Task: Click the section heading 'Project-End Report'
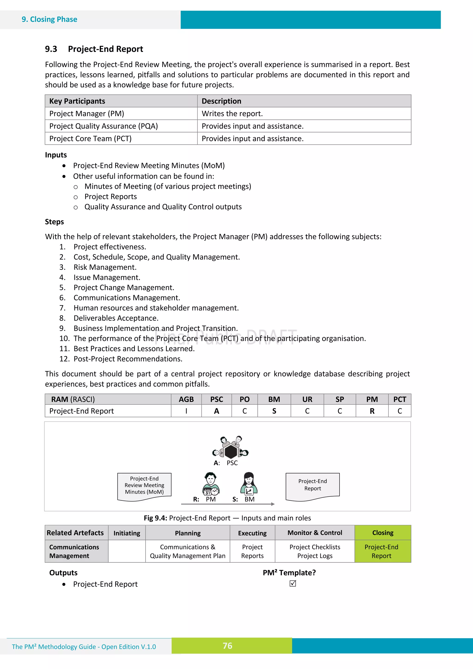[105, 49]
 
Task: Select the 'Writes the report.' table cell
[232, 114]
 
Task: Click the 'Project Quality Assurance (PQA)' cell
[103, 126]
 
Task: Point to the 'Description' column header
[221, 101]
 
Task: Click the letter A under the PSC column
[217, 411]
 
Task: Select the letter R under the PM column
[372, 411]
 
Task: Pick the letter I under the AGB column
[186, 411]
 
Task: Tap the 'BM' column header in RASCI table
[274, 399]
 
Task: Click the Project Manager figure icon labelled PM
[211, 484]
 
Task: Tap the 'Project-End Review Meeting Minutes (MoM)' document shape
[144, 485]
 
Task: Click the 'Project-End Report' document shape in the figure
[312, 485]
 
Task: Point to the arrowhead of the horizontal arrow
[273, 504]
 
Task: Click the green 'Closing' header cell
[383, 533]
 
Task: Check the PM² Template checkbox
[293, 583]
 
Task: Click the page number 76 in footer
[228, 646]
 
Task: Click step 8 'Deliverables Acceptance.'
[116, 318]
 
